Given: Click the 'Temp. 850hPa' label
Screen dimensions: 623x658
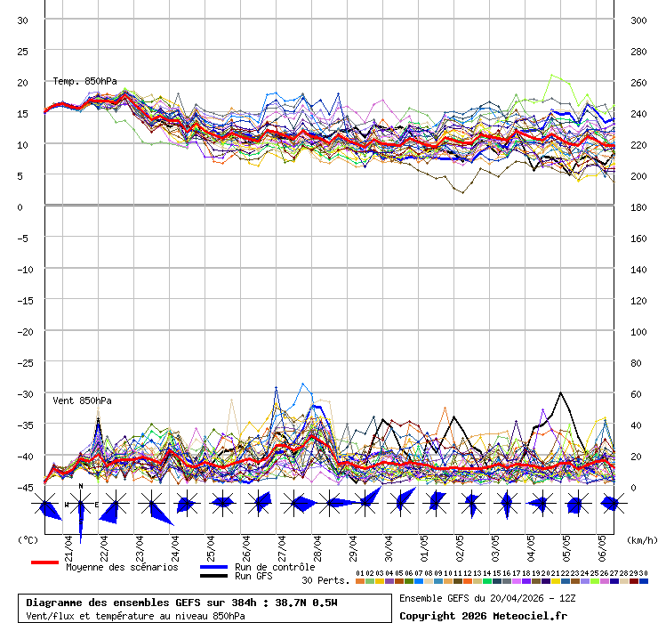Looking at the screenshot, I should click(x=84, y=81).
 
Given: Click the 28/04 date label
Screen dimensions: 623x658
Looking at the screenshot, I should click(x=317, y=545).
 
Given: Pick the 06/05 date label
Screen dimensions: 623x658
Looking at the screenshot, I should click(x=602, y=545).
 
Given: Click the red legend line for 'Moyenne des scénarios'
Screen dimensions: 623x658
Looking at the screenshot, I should click(x=44, y=562).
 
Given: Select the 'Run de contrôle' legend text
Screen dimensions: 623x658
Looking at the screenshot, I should click(x=275, y=567).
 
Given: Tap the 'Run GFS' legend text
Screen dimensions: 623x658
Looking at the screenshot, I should click(x=253, y=576).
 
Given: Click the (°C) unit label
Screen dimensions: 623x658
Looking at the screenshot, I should click(x=28, y=539).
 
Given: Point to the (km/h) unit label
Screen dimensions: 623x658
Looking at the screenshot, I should click(x=640, y=539).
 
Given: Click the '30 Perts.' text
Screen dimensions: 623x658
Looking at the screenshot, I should click(x=325, y=580).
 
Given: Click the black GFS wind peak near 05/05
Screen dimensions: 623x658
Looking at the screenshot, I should click(x=560, y=392).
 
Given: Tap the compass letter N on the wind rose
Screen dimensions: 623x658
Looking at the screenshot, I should click(x=81, y=486).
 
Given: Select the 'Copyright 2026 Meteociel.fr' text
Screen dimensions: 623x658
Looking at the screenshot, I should click(x=483, y=615).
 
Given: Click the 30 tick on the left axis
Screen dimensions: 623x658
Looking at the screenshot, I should click(x=23, y=20).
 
